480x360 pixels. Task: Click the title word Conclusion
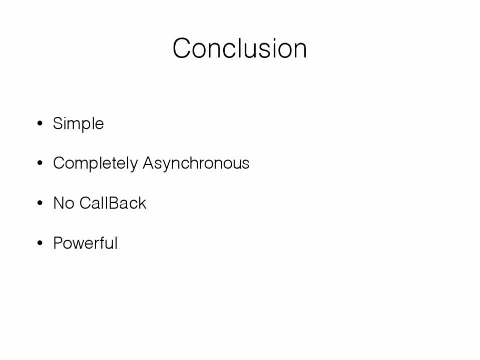pos(240,48)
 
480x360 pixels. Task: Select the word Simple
pos(79,124)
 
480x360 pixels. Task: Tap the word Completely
pos(96,163)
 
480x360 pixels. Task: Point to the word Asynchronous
pos(196,163)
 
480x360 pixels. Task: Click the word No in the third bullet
pos(64,203)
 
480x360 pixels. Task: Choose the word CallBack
pos(113,203)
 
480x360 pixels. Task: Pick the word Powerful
pos(86,243)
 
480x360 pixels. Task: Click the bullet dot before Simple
pos(40,123)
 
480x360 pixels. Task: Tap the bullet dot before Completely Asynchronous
pos(40,163)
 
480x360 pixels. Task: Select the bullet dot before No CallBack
pos(40,203)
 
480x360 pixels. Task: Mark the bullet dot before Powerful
pos(40,243)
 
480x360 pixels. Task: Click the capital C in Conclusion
pos(183,48)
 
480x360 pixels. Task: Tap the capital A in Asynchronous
pos(149,162)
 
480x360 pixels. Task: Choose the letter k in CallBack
pos(142,203)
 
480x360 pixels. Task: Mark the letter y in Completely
pos(134,165)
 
